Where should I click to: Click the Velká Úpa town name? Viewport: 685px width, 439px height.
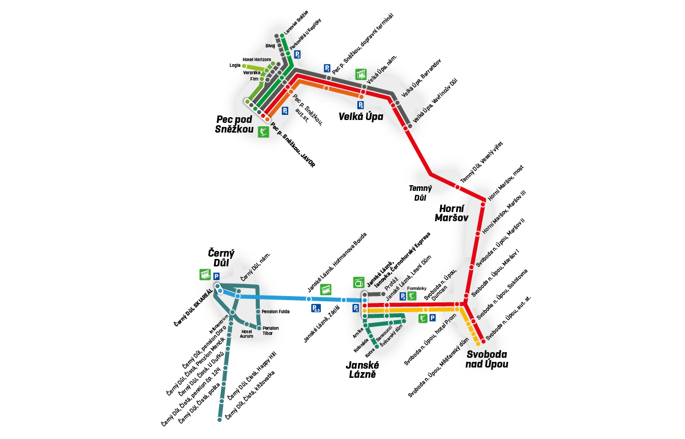(x=361, y=117)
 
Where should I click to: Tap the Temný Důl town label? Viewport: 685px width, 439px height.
(x=420, y=193)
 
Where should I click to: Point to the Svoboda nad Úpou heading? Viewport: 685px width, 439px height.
(x=486, y=359)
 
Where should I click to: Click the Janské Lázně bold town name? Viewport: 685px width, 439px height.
(x=363, y=369)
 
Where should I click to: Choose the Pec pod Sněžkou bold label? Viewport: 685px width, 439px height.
(x=235, y=124)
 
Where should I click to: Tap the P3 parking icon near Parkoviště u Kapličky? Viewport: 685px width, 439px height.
(x=297, y=54)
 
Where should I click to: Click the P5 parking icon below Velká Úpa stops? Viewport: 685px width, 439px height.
(x=361, y=105)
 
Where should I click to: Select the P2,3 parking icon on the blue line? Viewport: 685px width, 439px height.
(x=317, y=309)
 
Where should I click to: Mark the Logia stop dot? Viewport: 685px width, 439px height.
(x=244, y=66)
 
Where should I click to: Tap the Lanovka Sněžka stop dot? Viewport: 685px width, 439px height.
(x=283, y=36)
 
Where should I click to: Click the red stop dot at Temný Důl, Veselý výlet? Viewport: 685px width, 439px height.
(x=457, y=187)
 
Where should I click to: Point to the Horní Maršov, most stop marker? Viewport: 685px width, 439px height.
(x=484, y=199)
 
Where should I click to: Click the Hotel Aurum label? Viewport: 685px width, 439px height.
(x=247, y=333)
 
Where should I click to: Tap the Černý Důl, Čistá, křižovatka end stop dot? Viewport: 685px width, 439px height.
(x=219, y=420)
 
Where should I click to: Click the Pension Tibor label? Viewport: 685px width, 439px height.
(x=271, y=330)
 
